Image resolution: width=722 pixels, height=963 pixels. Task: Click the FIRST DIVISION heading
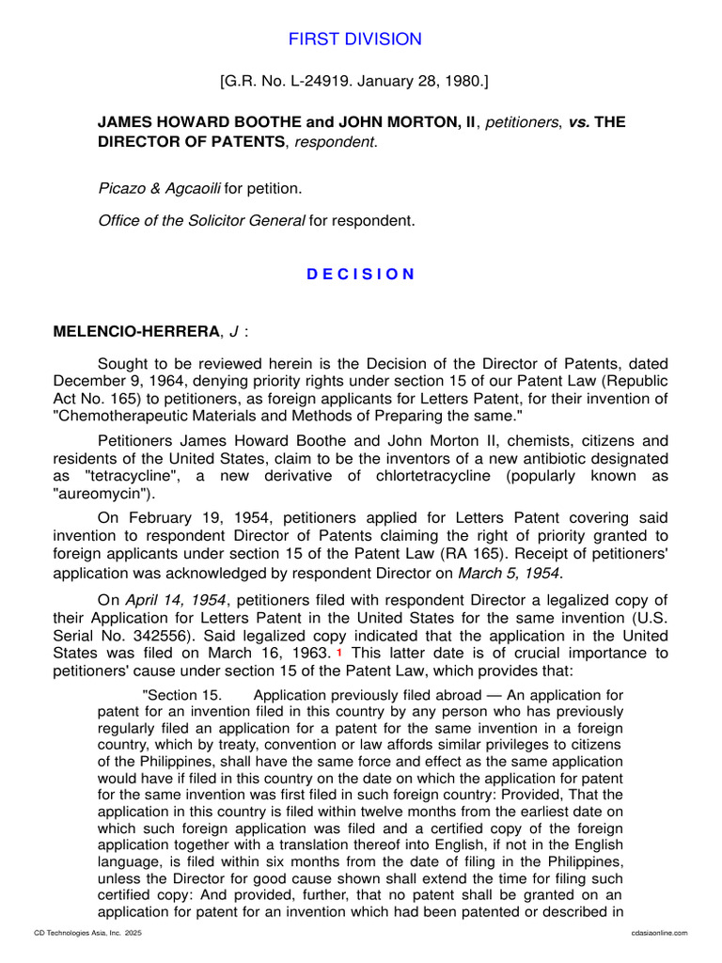(x=354, y=39)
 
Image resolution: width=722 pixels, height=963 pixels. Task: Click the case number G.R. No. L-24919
(x=284, y=82)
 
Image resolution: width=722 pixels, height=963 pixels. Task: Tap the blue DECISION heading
(x=361, y=274)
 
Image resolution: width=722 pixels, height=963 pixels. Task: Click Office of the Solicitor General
(x=201, y=221)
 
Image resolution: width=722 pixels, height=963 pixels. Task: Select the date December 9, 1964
(x=116, y=382)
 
